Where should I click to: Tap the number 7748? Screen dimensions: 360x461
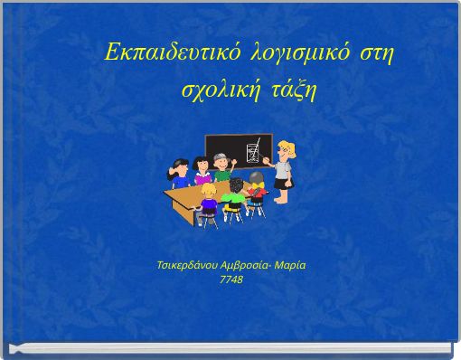tap(231, 279)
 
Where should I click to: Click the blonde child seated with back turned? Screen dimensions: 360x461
tap(210, 203)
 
